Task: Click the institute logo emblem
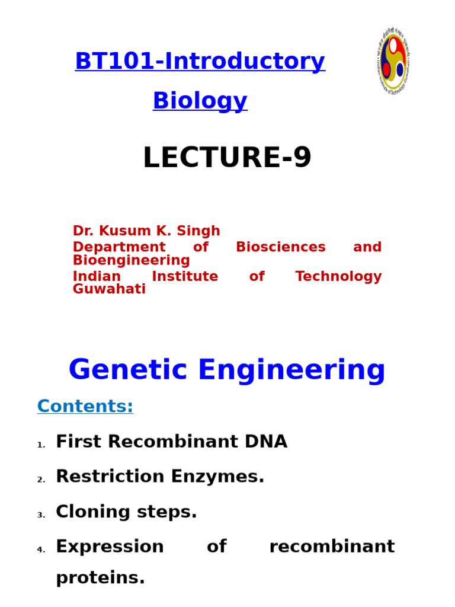pyautogui.click(x=393, y=61)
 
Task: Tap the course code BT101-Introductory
pyautogui.click(x=200, y=62)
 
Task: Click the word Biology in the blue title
pyautogui.click(x=200, y=101)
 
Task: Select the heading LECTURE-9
pyautogui.click(x=227, y=158)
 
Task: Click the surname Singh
pyautogui.click(x=203, y=231)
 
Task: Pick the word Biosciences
pyautogui.click(x=280, y=247)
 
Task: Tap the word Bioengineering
pyautogui.click(x=131, y=261)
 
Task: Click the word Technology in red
pyautogui.click(x=338, y=277)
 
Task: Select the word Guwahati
pyautogui.click(x=109, y=290)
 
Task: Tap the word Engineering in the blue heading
pyautogui.click(x=291, y=370)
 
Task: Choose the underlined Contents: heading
pyautogui.click(x=85, y=407)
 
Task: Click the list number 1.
pyautogui.click(x=40, y=445)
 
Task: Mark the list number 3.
pyautogui.click(x=40, y=516)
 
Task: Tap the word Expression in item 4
pyautogui.click(x=110, y=547)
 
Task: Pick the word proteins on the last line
pyautogui.click(x=100, y=578)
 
